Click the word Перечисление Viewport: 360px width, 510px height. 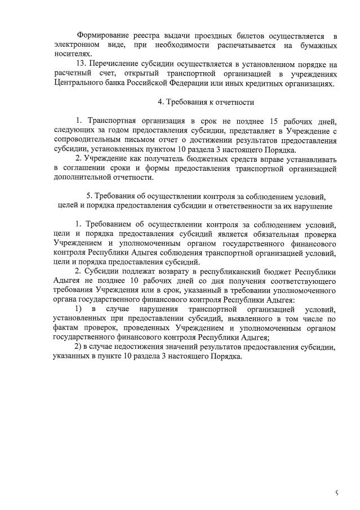(115, 65)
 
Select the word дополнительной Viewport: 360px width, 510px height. (84, 178)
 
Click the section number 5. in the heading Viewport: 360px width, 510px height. (89, 196)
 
